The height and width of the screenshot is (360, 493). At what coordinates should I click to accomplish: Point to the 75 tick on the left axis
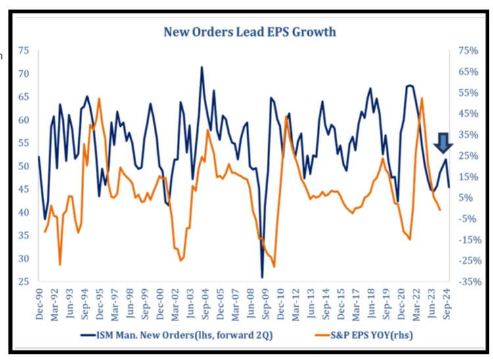coord(24,51)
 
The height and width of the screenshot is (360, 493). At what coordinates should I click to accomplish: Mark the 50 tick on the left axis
coord(24,167)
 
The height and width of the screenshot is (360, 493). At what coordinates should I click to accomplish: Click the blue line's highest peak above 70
coord(202,67)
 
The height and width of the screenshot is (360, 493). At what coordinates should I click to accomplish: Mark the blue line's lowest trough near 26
coord(262,277)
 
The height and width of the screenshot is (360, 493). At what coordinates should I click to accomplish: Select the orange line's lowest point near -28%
coord(274,267)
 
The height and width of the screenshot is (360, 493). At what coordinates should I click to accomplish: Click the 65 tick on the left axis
coord(24,97)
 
